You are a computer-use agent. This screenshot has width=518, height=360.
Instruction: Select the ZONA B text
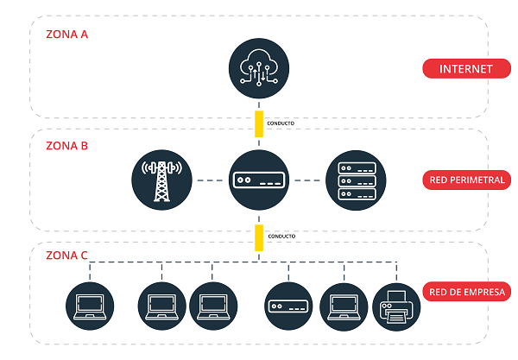click(66, 146)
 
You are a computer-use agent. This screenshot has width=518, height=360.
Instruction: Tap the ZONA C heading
click(66, 256)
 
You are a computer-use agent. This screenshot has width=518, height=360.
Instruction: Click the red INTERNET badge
click(465, 69)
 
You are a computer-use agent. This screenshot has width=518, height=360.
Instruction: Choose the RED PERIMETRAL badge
click(466, 180)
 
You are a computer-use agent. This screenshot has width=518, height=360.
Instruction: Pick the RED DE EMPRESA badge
click(467, 292)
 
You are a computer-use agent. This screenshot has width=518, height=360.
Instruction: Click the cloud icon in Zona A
click(258, 69)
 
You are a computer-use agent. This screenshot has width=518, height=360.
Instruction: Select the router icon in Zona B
click(258, 180)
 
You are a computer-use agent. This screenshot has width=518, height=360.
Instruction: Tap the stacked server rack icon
click(355, 180)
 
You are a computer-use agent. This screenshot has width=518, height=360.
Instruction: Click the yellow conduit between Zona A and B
click(258, 123)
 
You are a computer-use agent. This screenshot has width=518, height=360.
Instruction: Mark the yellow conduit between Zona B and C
click(258, 236)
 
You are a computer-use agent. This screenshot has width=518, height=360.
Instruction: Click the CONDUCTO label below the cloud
click(281, 123)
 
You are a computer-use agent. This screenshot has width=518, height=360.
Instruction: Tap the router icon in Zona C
click(287, 306)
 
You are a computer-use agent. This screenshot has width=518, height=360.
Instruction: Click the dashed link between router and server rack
click(306, 180)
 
